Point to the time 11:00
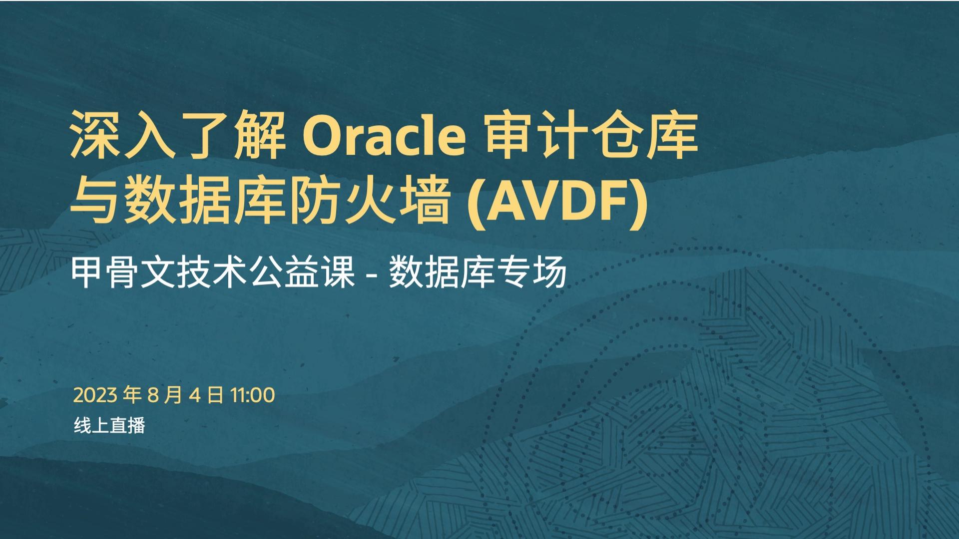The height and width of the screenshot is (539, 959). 252,395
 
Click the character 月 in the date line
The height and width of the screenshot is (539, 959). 172,395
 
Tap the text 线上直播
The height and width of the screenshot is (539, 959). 109,425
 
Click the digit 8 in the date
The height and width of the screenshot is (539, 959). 153,395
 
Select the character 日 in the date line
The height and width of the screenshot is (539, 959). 215,395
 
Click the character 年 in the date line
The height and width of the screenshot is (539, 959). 132,395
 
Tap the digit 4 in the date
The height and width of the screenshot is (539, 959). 195,395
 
